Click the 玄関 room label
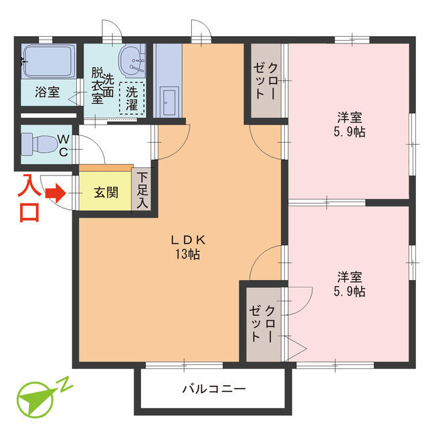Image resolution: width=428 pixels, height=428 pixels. pyautogui.click(x=106, y=194)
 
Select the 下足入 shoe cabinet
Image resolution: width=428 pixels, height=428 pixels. pyautogui.click(x=142, y=190)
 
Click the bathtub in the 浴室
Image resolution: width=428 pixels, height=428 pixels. pyautogui.click(x=47, y=62)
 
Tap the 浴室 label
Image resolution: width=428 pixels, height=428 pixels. pyautogui.click(x=47, y=92)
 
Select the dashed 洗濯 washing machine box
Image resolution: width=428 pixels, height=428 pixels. pyautogui.click(x=132, y=98)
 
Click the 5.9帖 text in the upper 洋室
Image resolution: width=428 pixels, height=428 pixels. pyautogui.click(x=350, y=131)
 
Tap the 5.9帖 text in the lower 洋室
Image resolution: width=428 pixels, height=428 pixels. pyautogui.click(x=350, y=291)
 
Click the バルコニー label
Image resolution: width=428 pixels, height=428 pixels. pyautogui.click(x=214, y=389)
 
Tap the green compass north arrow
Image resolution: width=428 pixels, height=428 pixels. pyautogui.click(x=35, y=400)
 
